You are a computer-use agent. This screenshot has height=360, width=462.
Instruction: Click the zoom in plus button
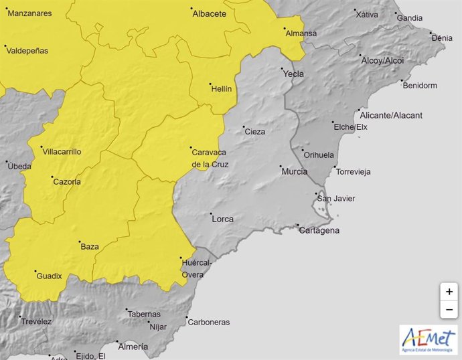[449, 292]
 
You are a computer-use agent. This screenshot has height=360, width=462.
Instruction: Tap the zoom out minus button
[449, 310]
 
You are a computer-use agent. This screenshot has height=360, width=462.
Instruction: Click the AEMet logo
[429, 339]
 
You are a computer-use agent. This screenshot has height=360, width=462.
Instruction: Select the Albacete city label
[210, 13]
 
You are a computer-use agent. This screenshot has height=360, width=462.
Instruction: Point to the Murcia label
[294, 171]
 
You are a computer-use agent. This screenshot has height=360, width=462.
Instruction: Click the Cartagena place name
[319, 230]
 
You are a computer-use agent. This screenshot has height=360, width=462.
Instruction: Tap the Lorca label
[222, 219]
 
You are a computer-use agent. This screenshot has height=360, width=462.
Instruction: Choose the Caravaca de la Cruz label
[210, 157]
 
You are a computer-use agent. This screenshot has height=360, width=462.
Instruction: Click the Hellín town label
[221, 88]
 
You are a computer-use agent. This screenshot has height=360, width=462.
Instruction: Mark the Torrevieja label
[354, 171]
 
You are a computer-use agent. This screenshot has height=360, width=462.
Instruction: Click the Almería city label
[133, 346]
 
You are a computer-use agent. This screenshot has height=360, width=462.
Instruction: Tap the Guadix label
[49, 275]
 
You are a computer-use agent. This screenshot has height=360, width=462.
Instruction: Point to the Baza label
[90, 246]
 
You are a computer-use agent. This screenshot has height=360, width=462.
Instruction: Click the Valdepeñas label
[29, 50]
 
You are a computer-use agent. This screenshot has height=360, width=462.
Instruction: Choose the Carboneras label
[208, 322]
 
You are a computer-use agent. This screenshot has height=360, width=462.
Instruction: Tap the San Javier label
[336, 198]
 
